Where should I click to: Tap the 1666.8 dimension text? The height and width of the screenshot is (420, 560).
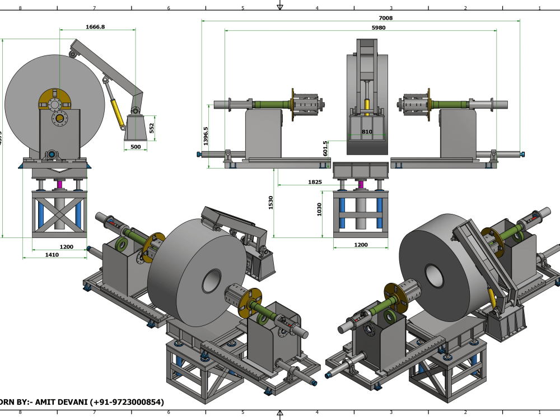click(96, 26)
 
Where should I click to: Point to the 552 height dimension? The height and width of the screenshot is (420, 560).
click(151, 128)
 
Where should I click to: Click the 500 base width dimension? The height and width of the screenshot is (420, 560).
click(135, 147)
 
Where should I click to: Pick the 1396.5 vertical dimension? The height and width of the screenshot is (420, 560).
click(206, 136)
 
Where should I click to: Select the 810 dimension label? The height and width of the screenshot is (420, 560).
click(366, 132)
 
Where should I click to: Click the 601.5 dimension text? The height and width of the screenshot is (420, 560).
click(326, 148)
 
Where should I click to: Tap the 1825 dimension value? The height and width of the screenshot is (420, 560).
click(315, 182)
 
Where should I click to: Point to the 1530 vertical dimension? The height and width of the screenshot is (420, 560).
click(270, 202)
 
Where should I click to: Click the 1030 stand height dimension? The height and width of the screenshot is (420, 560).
click(320, 209)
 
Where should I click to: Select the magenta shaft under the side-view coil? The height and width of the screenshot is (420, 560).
click(59, 184)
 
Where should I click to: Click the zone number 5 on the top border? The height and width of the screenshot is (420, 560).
click(242, 8)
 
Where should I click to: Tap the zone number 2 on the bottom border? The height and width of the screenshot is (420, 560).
click(465, 412)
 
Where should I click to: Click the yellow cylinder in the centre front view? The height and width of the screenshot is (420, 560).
click(367, 105)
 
